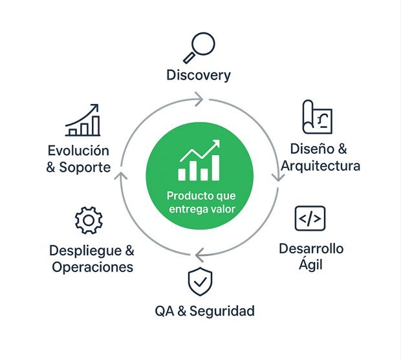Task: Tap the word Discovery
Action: click(199, 75)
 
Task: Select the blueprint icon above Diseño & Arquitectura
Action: click(317, 117)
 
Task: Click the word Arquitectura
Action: click(321, 165)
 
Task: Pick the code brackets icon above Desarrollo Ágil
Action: click(310, 218)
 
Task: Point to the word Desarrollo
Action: click(311, 249)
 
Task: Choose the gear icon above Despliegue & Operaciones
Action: click(89, 220)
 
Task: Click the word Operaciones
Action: click(92, 267)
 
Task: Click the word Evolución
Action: click(78, 151)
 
